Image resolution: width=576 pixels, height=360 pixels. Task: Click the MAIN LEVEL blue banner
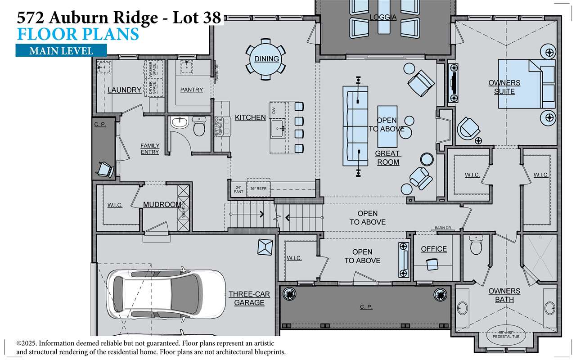61,51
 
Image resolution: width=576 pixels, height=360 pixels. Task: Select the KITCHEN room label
250,117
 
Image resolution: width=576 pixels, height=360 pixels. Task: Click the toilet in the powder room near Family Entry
198,126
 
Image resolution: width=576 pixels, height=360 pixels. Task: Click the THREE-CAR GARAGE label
249,298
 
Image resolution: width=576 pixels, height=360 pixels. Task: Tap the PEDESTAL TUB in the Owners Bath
504,334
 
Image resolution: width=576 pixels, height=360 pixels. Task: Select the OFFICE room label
434,249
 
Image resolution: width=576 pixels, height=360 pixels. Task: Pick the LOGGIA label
383,18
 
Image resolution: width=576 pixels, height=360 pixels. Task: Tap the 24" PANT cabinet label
238,189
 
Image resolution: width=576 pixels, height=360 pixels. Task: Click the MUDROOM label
162,205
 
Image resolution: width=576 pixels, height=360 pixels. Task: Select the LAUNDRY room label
124,90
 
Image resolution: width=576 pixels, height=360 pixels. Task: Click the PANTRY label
191,90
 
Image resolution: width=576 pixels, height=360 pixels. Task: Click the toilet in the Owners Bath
476,246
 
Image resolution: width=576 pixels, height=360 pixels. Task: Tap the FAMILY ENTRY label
150,149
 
